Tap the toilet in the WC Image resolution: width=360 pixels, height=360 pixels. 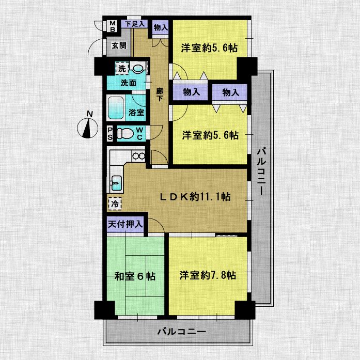125,133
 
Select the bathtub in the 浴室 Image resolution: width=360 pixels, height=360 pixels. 116,108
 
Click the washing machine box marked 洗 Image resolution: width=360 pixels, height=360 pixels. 122,68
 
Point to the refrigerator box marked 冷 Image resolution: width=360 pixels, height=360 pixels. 115,204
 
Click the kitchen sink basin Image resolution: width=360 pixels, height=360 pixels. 117,183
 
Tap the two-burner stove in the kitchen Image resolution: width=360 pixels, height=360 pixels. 138,156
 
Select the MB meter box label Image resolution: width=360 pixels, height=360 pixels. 113,26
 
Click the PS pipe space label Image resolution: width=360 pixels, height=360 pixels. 110,134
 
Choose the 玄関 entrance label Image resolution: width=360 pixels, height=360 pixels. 119,45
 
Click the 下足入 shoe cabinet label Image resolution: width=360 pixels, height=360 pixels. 134,24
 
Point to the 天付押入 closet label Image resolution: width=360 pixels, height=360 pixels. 126,224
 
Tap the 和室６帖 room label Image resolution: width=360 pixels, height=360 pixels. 135,276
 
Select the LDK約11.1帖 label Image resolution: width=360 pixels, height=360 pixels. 195,197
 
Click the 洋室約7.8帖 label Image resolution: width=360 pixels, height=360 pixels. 208,275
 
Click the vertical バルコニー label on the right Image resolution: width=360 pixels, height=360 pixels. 261,171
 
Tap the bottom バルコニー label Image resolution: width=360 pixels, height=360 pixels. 182,332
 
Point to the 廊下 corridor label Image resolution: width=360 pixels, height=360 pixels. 160,95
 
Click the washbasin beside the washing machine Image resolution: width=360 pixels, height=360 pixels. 137,68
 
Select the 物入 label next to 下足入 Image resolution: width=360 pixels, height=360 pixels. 161,27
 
